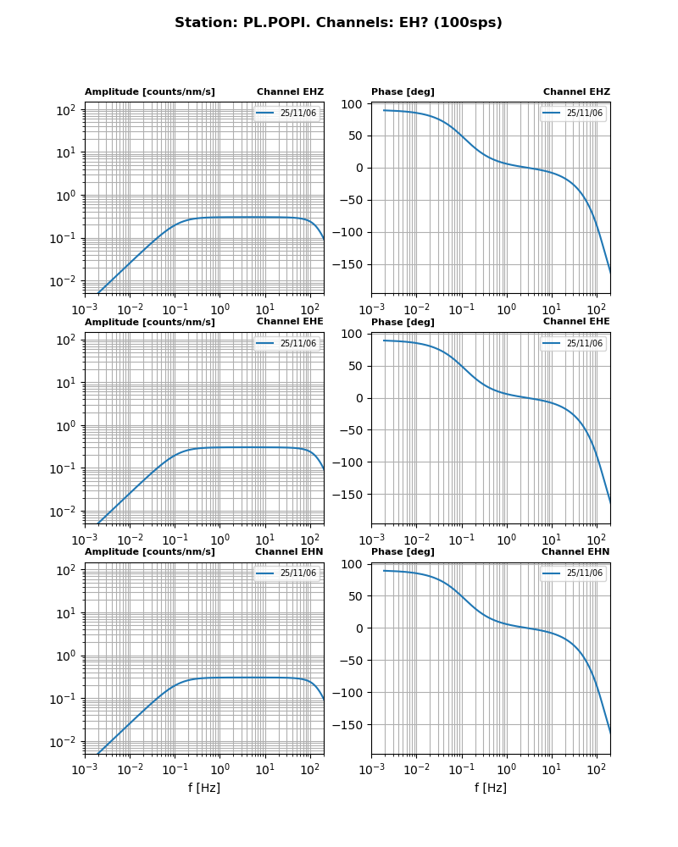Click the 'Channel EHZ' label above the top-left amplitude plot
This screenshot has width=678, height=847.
[290, 91]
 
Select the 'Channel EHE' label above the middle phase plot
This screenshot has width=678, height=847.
[576, 322]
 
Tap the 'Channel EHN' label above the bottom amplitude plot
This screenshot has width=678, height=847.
[289, 551]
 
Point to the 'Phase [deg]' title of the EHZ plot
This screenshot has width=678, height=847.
[403, 91]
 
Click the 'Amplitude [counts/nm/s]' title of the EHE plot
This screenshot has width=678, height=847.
[150, 322]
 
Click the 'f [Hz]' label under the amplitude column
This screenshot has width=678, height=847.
[204, 788]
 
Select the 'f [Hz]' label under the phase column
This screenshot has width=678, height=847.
[491, 788]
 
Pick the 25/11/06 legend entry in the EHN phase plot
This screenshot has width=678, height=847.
[584, 573]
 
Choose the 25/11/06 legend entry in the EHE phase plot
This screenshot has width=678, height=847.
[584, 343]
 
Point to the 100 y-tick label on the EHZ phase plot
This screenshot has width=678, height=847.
[353, 104]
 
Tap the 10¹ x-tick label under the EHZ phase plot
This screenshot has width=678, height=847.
[552, 309]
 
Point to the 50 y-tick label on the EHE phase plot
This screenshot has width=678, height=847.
[355, 366]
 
